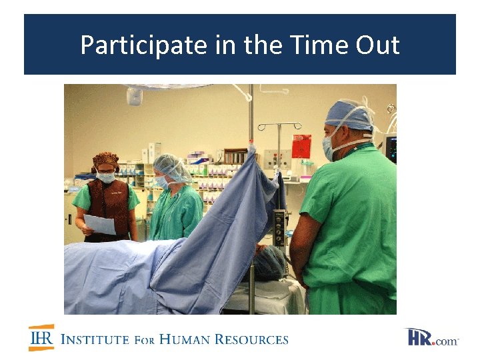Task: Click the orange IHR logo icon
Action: [41, 337]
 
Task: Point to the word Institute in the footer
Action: [94, 339]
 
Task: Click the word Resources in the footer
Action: [252, 339]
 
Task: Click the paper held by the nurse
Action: [99, 224]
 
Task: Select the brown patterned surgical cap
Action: [105, 160]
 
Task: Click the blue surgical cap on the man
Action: [349, 115]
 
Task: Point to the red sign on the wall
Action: [301, 146]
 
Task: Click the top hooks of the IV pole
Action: [279, 125]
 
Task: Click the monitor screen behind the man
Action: [391, 149]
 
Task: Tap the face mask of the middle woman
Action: [163, 181]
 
